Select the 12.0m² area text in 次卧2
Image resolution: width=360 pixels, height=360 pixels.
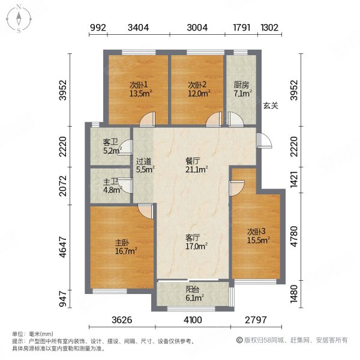click(x=198, y=94)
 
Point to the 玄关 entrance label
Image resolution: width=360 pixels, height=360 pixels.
click(x=270, y=106)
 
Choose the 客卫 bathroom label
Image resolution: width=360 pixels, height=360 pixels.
click(x=109, y=142)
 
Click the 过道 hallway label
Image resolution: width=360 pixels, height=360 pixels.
click(x=143, y=161)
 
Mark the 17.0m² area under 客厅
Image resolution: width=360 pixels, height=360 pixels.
click(x=195, y=246)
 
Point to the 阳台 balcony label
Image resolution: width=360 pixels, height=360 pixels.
click(x=193, y=288)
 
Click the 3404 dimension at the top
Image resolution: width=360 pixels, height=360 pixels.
click(x=139, y=28)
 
